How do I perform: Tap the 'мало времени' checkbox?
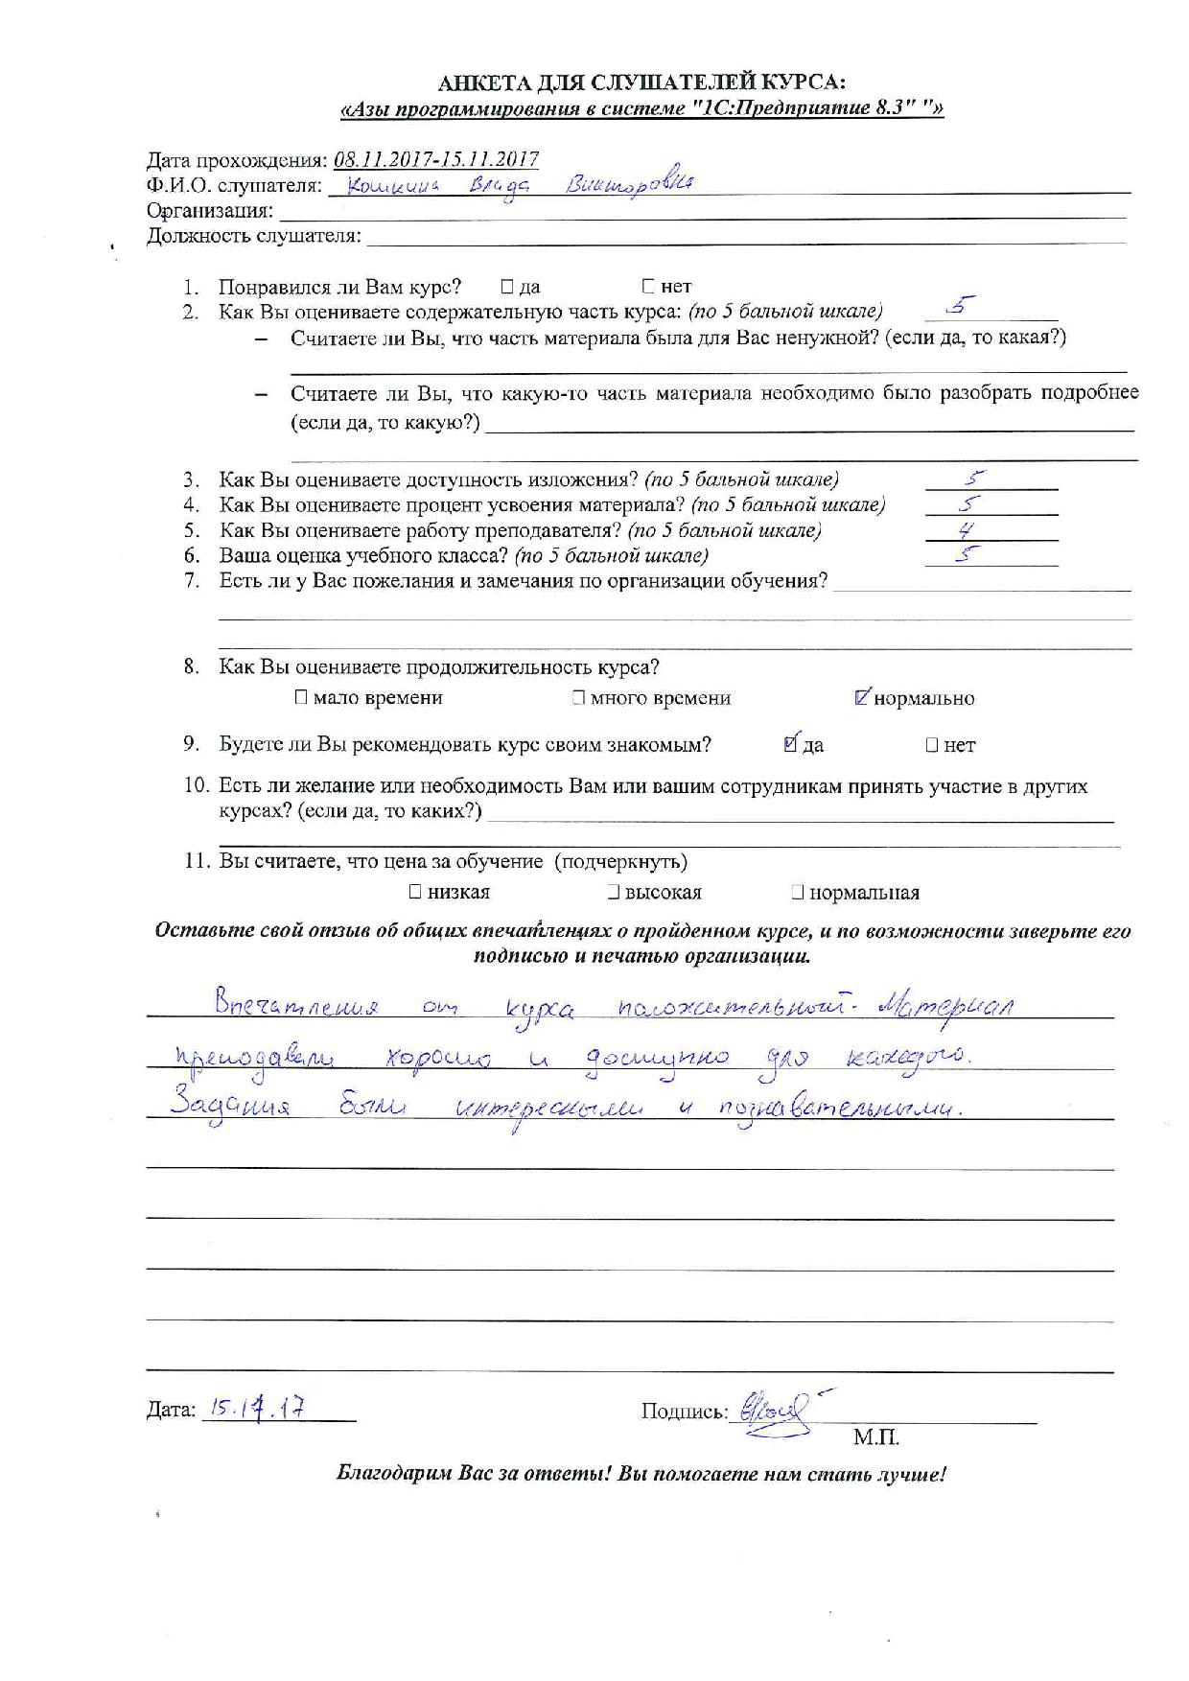pos(302,697)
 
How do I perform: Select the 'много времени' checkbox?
pos(578,697)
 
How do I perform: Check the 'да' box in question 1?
pos(507,286)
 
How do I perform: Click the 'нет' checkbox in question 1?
pos(649,286)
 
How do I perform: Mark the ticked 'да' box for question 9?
pos(791,743)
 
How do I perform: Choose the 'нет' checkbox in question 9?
pos(931,744)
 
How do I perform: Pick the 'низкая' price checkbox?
pos(415,892)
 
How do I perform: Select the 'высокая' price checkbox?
pos(613,892)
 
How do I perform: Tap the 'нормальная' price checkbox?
pos(797,892)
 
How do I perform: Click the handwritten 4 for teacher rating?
pos(967,529)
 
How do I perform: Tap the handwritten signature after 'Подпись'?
pos(772,1411)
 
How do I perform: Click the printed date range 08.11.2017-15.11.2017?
pos(435,160)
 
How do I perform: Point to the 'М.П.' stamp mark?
pos(875,1437)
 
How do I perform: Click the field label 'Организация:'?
pos(209,211)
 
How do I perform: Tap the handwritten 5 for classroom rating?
pos(968,553)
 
